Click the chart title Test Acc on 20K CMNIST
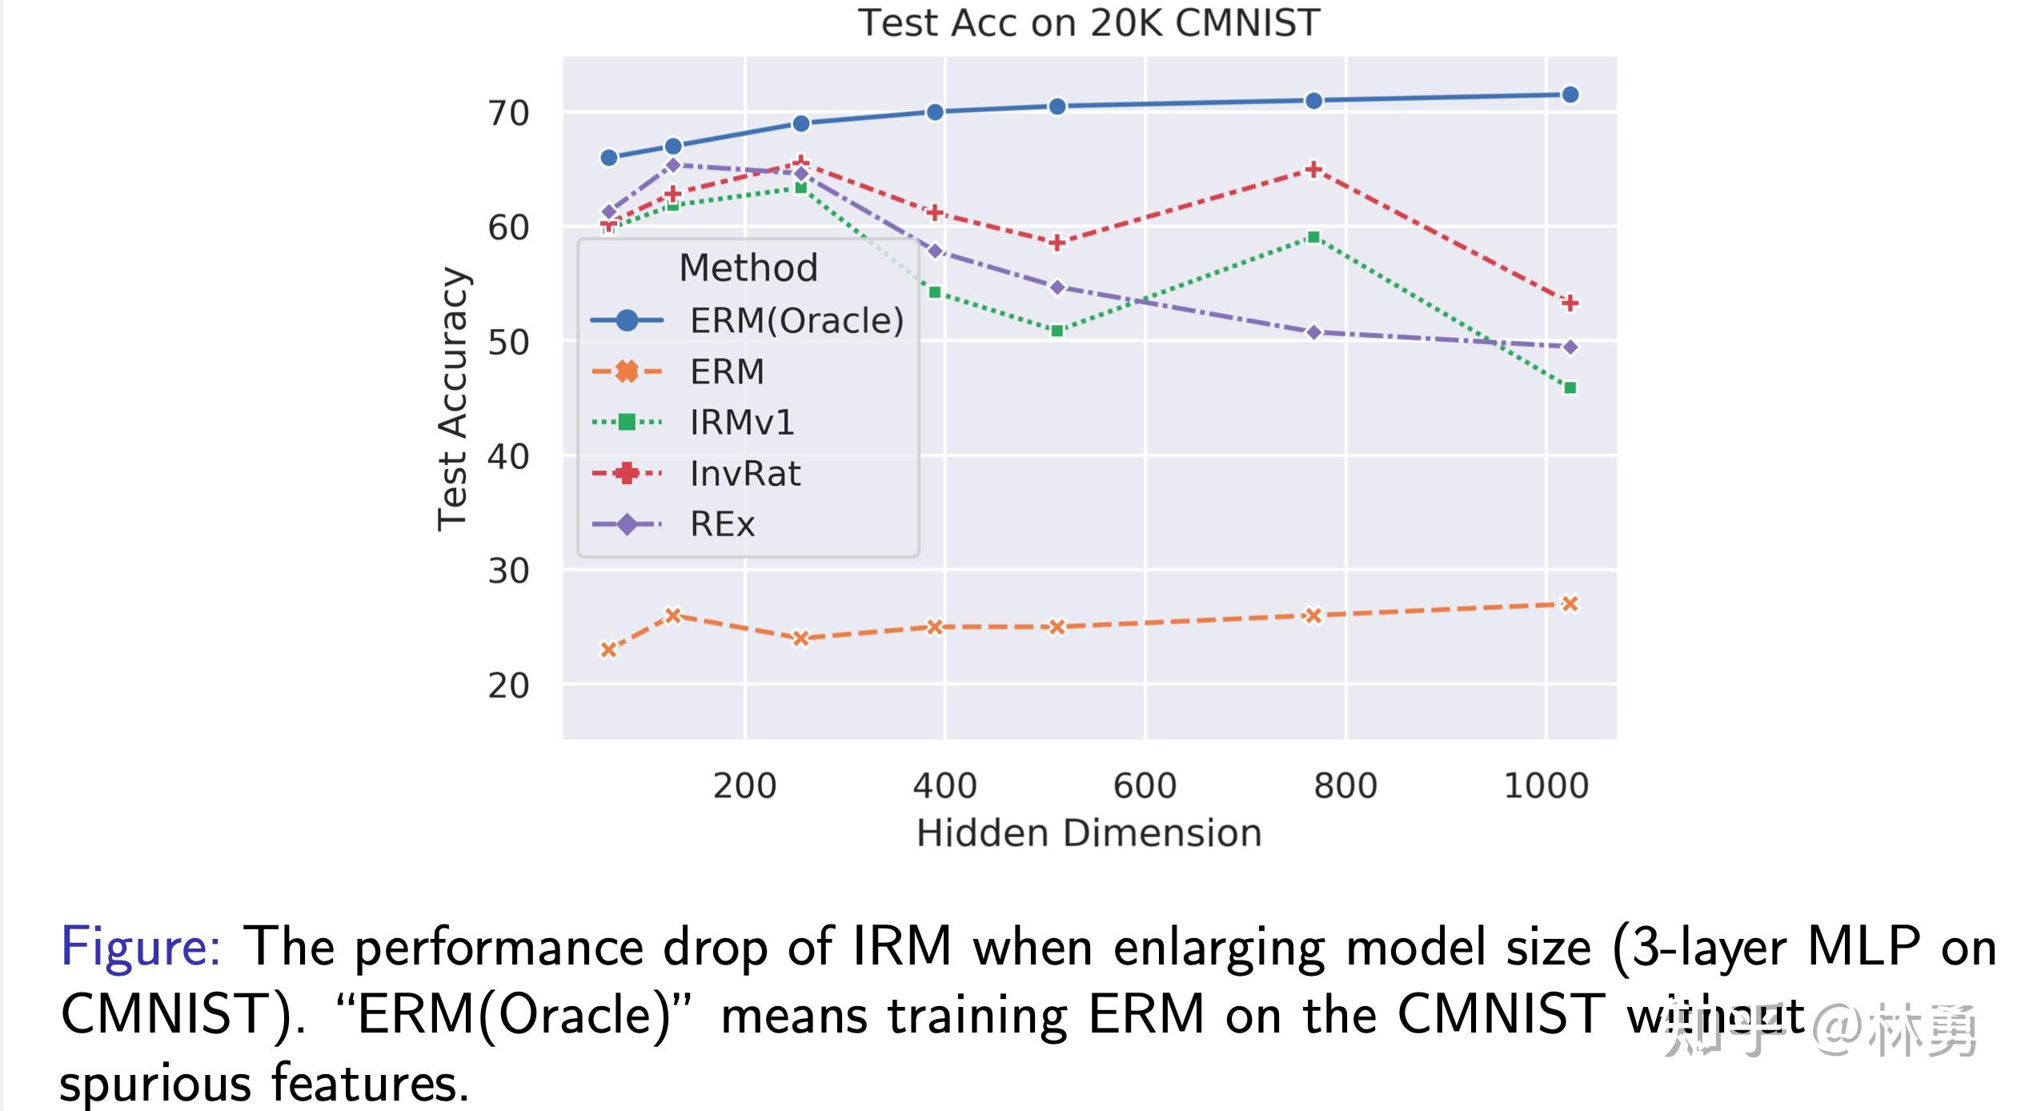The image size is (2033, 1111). (1089, 22)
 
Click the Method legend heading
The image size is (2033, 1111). (748, 267)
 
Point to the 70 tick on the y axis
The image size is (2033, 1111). (508, 114)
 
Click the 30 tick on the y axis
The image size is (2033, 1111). (508, 572)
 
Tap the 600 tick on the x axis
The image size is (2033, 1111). (1145, 786)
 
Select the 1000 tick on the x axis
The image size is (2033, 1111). (1546, 786)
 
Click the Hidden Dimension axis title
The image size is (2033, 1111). (1089, 833)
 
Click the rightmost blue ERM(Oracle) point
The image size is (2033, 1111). (1570, 95)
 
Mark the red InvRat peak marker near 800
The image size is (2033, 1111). (1313, 169)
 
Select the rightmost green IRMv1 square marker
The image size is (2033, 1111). (1570, 388)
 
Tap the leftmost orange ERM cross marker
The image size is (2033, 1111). (608, 649)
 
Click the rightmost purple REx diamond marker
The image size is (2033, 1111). (1570, 347)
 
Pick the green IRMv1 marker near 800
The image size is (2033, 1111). (1313, 237)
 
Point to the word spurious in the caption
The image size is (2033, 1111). (156, 1084)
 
